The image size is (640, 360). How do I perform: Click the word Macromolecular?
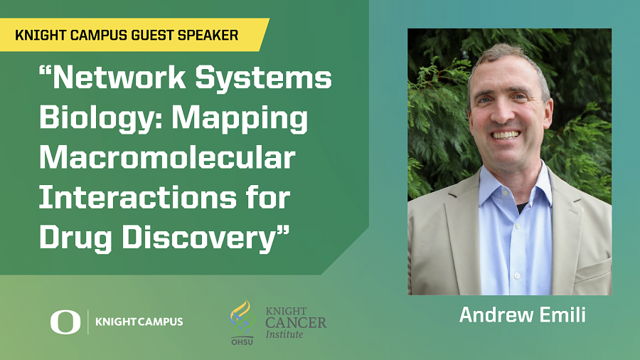[x=167, y=157]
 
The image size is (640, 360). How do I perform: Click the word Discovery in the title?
[x=206, y=238]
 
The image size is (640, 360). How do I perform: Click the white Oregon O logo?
[x=65, y=322]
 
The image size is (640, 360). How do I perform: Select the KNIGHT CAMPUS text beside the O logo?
[x=139, y=322]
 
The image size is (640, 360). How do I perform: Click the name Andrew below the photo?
[x=496, y=315]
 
